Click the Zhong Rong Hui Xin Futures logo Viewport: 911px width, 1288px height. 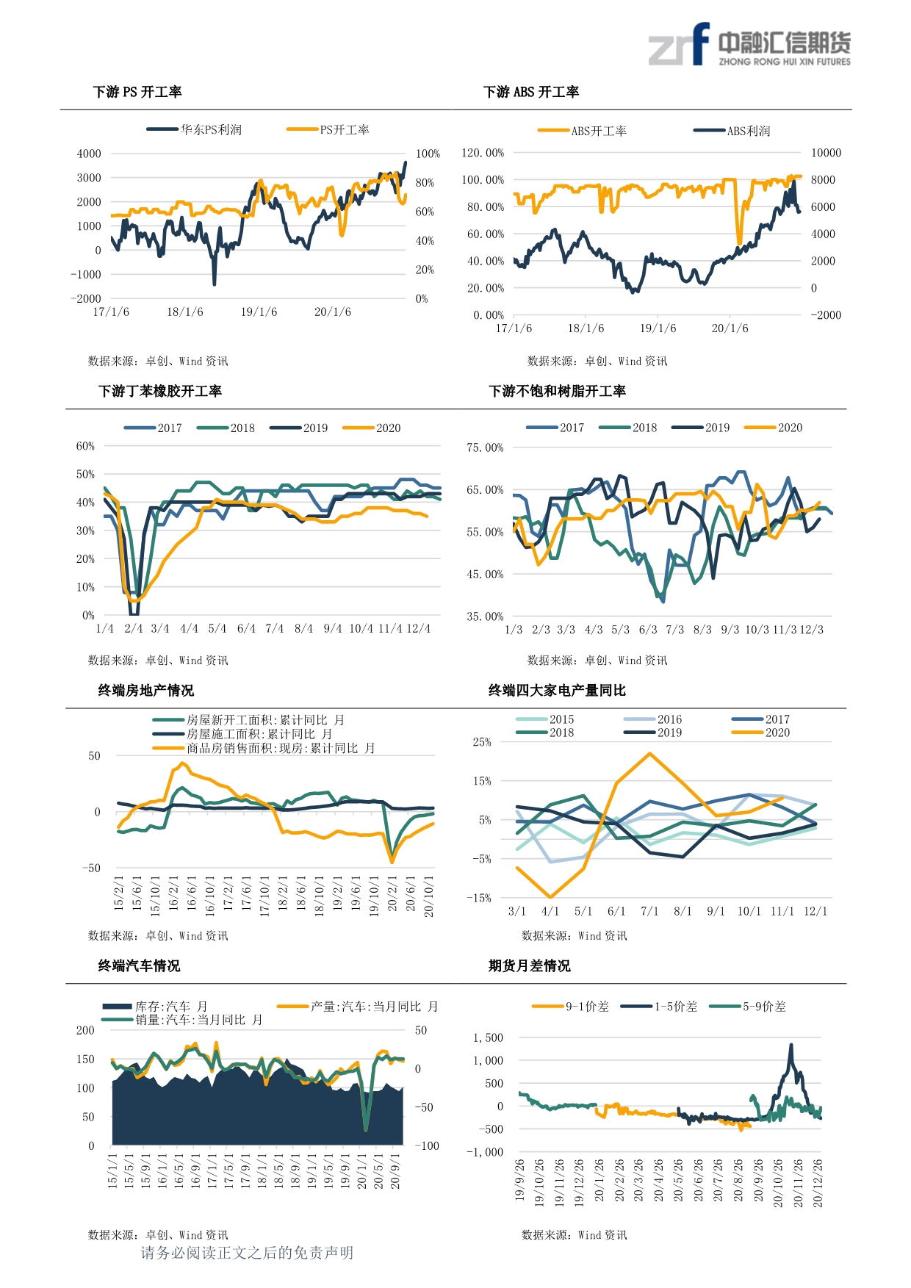749,46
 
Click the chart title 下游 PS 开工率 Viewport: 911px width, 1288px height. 137,92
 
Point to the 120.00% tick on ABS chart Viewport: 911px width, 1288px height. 483,153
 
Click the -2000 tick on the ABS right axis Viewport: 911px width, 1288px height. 826,315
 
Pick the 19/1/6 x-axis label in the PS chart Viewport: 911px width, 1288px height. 259,312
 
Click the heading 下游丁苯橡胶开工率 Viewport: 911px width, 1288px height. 160,391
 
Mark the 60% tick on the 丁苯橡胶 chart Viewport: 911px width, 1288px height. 85,446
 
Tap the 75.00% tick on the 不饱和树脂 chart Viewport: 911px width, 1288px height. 485,447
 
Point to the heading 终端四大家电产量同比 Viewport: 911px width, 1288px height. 557,690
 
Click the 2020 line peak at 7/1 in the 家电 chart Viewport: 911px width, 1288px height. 649,753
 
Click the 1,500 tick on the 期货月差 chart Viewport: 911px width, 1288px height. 489,1037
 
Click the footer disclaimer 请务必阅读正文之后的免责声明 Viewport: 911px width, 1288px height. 247,1253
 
